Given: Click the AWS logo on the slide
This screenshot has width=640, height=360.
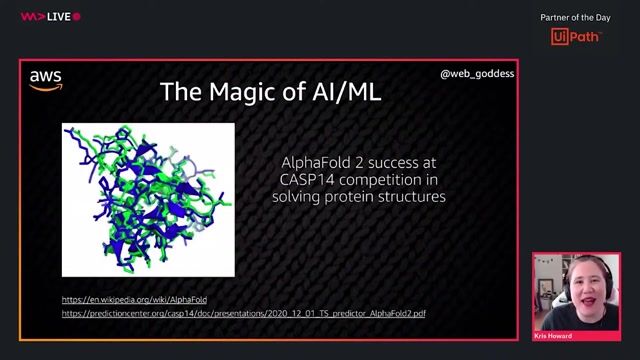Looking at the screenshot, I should click(46, 81).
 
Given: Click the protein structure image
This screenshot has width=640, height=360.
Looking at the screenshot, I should click(148, 199).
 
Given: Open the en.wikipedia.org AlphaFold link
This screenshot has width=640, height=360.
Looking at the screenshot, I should click(134, 299).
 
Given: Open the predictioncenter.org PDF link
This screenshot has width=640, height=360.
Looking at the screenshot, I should click(243, 313).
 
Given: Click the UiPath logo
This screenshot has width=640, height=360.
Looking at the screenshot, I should click(575, 37).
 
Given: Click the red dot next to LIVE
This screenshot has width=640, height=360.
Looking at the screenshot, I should click(77, 17).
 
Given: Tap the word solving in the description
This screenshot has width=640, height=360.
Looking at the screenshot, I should click(297, 197).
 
